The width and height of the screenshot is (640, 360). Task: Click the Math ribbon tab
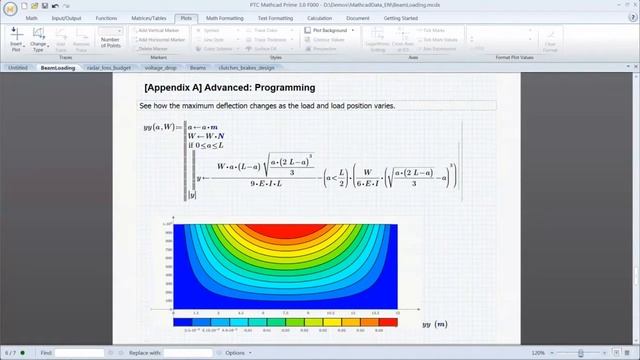[x=32, y=18]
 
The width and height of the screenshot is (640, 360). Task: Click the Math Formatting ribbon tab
[x=225, y=18]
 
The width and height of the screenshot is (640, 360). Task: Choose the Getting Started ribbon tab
[x=401, y=18]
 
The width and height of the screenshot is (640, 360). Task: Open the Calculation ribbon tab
[x=321, y=18]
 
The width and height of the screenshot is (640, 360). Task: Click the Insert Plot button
[x=15, y=41]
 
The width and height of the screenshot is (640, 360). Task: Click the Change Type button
[x=38, y=41]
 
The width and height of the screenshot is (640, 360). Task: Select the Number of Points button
[x=111, y=40]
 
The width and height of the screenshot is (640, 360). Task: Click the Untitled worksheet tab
[x=18, y=68]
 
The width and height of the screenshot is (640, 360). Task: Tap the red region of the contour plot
[x=285, y=231]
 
